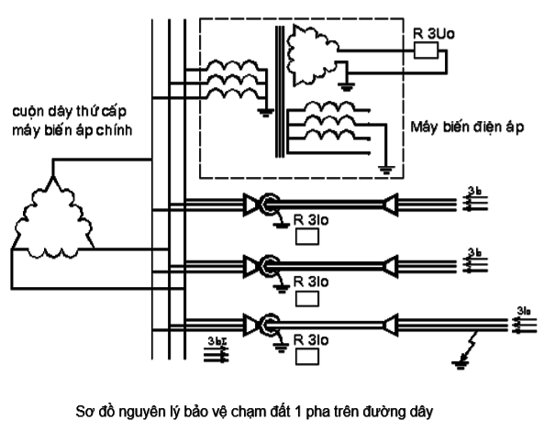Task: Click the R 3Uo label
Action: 428,29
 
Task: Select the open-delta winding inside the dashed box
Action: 312,56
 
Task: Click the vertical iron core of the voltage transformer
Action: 273,92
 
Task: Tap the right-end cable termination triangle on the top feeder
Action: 392,201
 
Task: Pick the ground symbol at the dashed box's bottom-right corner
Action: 388,169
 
